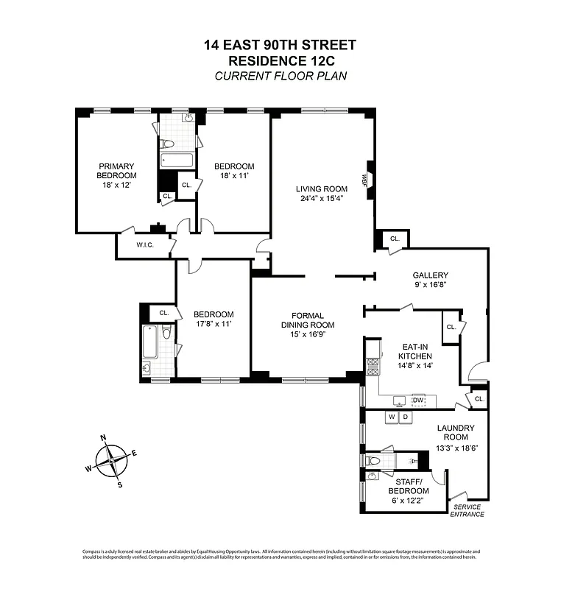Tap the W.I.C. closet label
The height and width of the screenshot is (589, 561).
click(x=144, y=245)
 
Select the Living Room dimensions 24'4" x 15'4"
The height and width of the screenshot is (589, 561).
click(x=322, y=199)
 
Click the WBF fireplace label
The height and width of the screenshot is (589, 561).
click(x=364, y=179)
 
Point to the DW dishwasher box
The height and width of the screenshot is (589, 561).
click(x=418, y=401)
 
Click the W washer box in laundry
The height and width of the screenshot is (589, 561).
click(x=392, y=417)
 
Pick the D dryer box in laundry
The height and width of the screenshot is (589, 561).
click(x=405, y=417)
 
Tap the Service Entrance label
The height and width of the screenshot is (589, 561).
click(x=468, y=510)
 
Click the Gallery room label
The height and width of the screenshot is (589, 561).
click(x=431, y=275)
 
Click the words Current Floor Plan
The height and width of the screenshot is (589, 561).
click(x=280, y=76)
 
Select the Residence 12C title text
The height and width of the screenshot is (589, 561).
click(x=280, y=60)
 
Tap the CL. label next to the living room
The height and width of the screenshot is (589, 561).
click(x=395, y=239)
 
